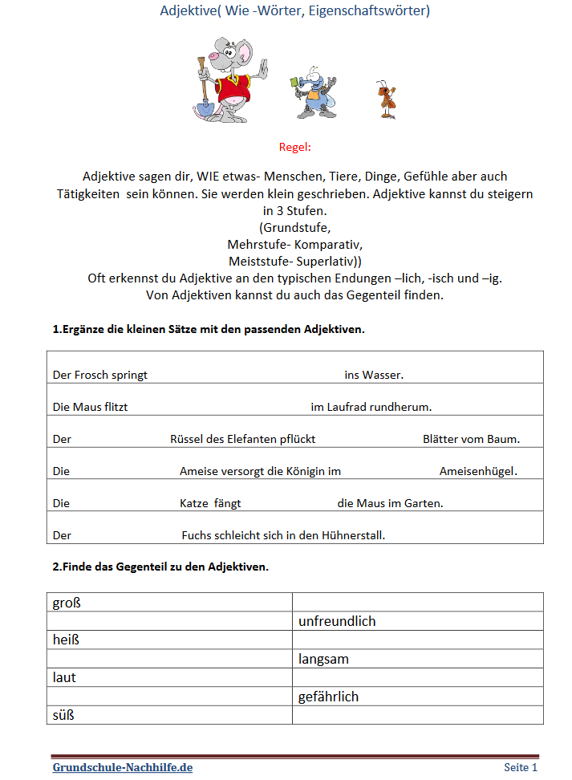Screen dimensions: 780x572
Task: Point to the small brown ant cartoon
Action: point(387,100)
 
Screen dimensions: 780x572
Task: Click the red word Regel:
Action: point(294,147)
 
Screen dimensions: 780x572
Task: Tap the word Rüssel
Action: point(188,439)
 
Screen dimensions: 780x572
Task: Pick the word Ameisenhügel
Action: point(478,471)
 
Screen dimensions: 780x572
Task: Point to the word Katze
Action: point(195,503)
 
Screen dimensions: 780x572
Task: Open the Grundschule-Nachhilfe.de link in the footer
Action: point(123,768)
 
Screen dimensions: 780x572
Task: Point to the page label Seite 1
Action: point(521,768)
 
